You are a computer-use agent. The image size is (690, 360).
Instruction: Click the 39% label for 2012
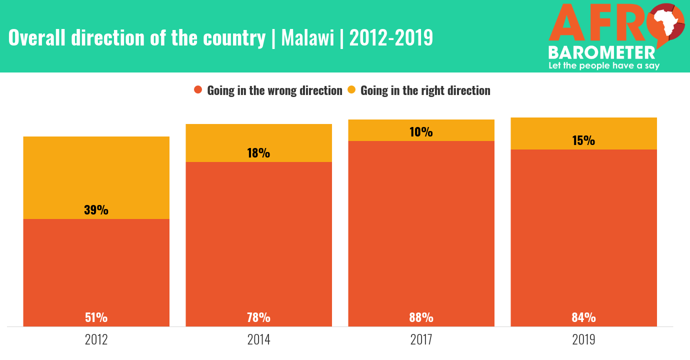[96, 210]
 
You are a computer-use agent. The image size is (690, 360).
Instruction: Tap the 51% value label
[96, 317]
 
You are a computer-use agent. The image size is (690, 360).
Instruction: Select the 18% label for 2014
[258, 153]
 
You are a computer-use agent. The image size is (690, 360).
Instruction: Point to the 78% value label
[258, 317]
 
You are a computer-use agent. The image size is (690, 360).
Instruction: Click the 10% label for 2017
[421, 132]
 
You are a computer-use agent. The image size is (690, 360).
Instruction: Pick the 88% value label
[421, 317]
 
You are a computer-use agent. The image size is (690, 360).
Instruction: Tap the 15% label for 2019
[583, 140]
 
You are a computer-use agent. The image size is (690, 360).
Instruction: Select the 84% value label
[583, 317]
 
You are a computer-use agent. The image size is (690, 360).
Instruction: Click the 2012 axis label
[96, 340]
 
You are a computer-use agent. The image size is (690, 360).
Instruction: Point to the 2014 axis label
[258, 340]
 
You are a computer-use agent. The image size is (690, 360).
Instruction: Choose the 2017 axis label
[421, 340]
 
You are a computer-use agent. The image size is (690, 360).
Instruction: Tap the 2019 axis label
[583, 340]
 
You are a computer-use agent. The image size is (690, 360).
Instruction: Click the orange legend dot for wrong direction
[198, 90]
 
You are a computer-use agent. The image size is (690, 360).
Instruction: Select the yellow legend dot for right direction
[351, 90]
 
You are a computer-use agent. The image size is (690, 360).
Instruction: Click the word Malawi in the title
[307, 38]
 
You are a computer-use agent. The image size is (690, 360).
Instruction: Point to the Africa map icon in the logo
[664, 23]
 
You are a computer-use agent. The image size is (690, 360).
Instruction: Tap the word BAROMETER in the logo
[601, 53]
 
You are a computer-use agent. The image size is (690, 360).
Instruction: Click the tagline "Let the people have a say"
[604, 65]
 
